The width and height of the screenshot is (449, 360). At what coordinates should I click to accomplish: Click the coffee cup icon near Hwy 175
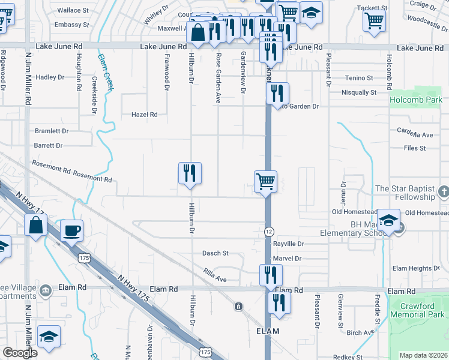tap(71, 230)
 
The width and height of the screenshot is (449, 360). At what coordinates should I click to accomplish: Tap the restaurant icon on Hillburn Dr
tap(190, 173)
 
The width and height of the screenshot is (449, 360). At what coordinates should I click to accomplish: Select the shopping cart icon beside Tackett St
tap(375, 20)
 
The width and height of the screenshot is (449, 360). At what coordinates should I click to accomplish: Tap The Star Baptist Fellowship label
tap(405, 193)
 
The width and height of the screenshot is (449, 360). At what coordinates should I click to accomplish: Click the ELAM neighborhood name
tap(268, 331)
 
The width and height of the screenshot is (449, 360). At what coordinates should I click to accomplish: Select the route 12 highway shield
tap(268, 232)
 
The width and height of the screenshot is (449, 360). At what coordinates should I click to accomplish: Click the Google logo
tap(20, 353)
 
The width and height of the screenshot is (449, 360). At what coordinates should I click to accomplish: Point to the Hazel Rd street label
tap(145, 114)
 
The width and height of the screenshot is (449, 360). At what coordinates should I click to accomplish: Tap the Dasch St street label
tap(215, 253)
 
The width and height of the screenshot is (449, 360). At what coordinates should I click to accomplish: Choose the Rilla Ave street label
tap(214, 278)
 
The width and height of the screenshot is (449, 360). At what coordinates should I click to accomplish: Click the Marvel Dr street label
tap(287, 259)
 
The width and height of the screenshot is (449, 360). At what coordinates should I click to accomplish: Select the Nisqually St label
tap(358, 92)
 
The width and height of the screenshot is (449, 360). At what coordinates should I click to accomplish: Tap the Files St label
tap(414, 148)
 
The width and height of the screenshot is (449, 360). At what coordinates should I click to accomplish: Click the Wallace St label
tap(73, 10)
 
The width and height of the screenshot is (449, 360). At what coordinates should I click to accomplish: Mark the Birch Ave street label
tap(360, 333)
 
